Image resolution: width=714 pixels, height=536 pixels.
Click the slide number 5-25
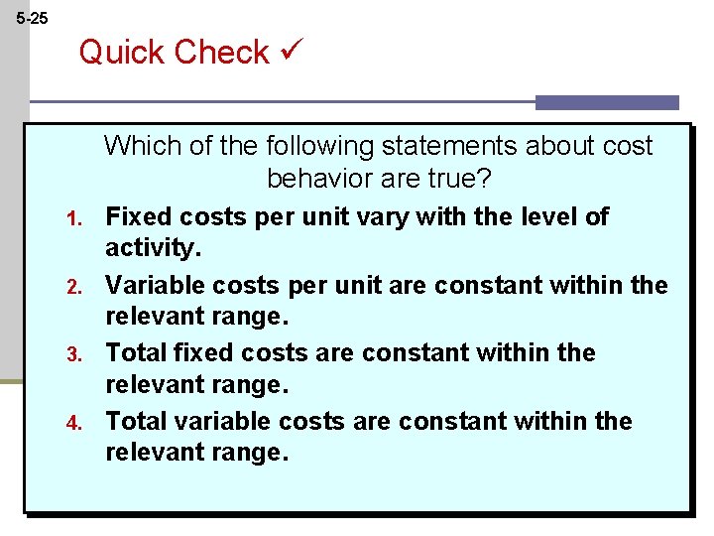coord(32,18)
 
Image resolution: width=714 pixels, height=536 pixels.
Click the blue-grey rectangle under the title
coord(607,102)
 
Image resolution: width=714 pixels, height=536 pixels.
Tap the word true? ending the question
coord(461,180)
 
